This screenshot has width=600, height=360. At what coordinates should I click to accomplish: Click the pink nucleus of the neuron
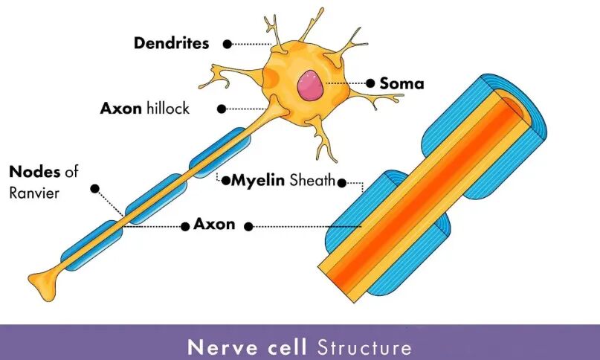(311, 85)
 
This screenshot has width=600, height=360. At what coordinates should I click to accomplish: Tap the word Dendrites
(172, 43)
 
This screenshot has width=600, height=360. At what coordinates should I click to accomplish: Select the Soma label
(401, 84)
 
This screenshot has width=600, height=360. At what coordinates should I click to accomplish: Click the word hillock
(168, 108)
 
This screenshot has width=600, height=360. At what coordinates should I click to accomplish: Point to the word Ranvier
(34, 193)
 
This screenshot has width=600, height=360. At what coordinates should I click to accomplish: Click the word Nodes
(34, 172)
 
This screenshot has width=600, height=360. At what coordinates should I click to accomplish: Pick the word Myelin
(258, 179)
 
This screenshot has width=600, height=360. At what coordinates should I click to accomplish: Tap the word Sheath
(312, 179)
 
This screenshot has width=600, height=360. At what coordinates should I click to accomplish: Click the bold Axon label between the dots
(214, 224)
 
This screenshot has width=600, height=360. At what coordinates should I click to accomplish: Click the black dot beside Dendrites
(228, 44)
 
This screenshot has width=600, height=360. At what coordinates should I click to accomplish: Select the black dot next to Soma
(370, 83)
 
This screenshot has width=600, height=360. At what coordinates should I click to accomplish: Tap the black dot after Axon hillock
(221, 109)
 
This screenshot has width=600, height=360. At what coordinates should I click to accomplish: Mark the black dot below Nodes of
(95, 188)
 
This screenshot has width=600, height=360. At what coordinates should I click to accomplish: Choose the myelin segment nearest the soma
(220, 152)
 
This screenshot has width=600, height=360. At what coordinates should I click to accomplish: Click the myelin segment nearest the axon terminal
(91, 246)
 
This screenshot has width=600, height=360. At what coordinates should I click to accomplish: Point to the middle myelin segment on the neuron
(156, 199)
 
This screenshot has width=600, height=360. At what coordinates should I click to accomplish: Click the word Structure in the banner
(364, 347)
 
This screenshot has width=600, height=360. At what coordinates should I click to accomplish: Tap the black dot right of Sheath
(342, 183)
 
